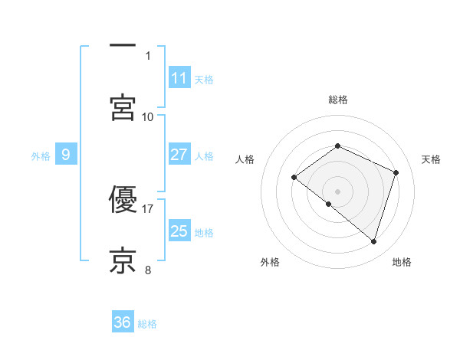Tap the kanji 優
(x=123, y=200)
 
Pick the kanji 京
(x=123, y=260)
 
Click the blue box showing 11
(x=179, y=78)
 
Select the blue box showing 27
(x=179, y=155)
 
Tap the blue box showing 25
(x=179, y=231)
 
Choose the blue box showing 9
(x=66, y=155)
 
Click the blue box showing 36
(x=122, y=322)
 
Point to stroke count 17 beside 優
(x=148, y=208)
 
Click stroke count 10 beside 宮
(x=148, y=116)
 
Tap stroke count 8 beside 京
(x=148, y=269)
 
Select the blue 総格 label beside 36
(x=148, y=324)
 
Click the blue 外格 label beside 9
(x=41, y=156)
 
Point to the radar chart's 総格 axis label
(x=338, y=100)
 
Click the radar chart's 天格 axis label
(x=432, y=159)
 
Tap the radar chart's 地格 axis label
(x=402, y=262)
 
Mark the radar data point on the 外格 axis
(x=329, y=204)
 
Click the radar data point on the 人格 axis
(x=294, y=178)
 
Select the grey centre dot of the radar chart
(x=338, y=191)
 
